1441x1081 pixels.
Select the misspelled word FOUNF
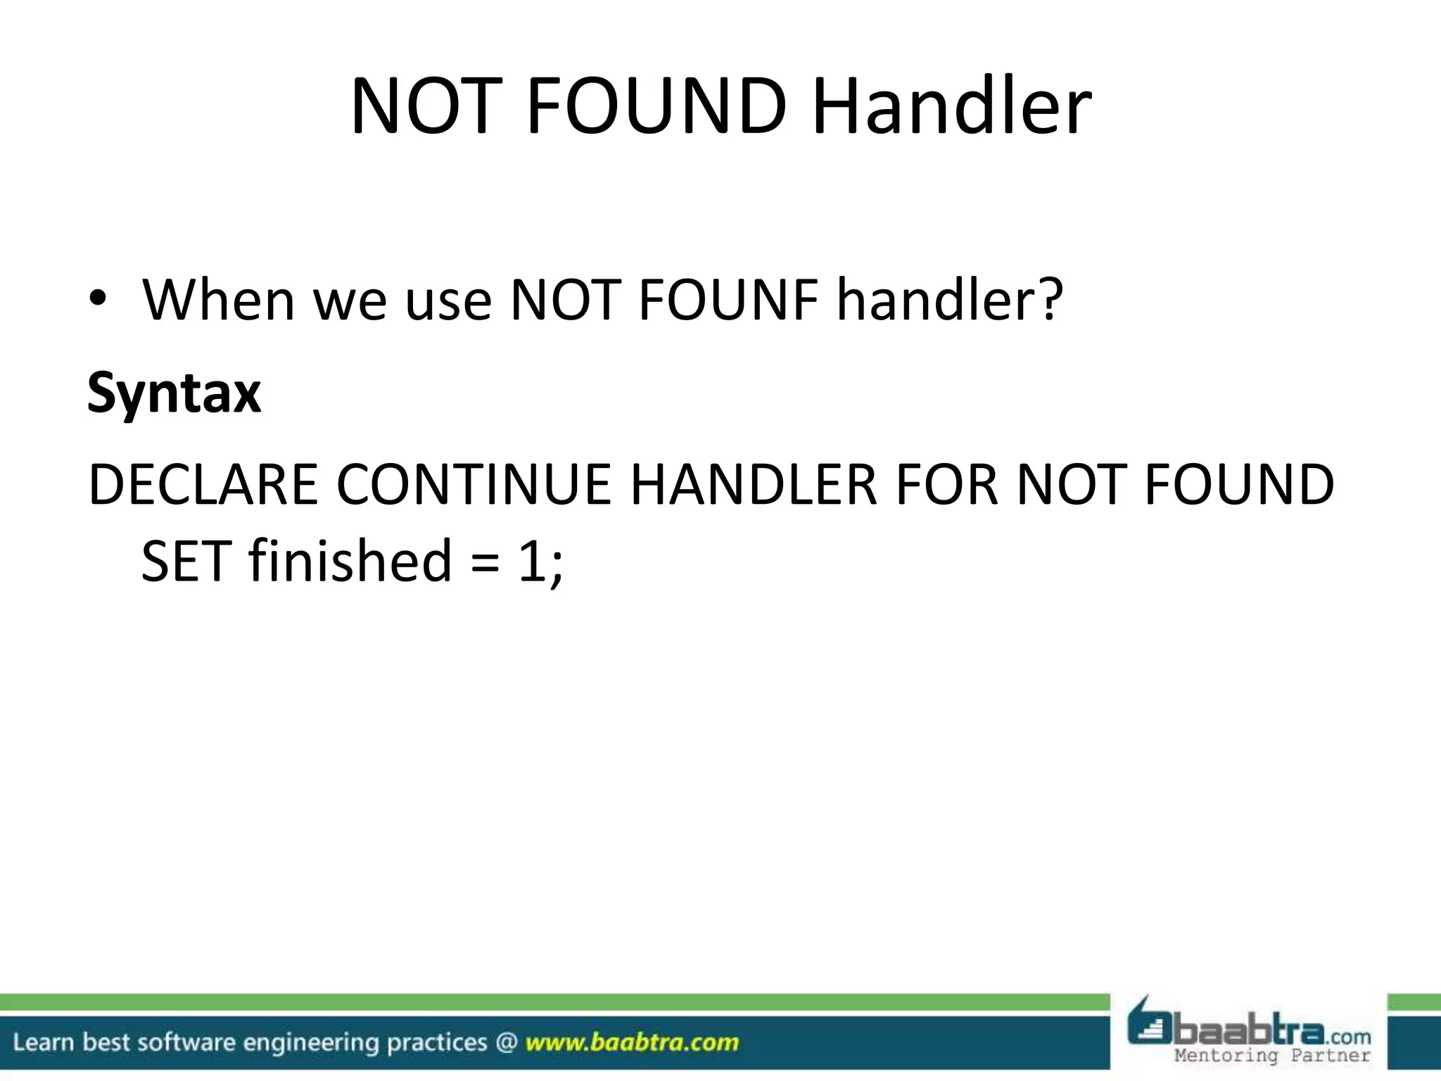click(728, 300)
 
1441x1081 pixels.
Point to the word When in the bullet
click(219, 300)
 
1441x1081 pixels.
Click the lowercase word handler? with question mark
click(949, 300)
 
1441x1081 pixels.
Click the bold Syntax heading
click(174, 393)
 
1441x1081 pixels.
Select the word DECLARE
click(203, 485)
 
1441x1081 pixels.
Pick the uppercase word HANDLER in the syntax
click(754, 485)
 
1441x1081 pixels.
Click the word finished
click(350, 560)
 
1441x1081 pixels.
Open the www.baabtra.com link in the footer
click(632, 1042)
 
